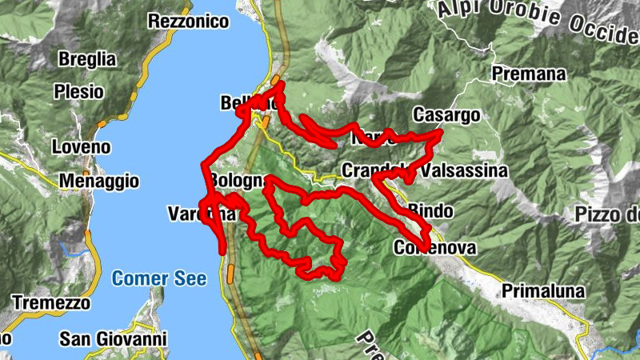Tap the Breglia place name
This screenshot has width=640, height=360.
pos(87,59)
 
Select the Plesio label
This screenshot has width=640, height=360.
pos(79,92)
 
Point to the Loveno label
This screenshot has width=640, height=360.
pos(80,147)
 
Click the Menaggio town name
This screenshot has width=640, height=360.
pos(99,182)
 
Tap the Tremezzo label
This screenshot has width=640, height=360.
pos(51,303)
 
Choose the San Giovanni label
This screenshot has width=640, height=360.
pos(113,339)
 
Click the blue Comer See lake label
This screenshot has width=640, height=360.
pos(159,278)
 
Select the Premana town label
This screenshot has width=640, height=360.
pos(529,74)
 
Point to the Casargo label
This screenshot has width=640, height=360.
pos(447,115)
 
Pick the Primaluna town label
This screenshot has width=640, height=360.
pos(544,291)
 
